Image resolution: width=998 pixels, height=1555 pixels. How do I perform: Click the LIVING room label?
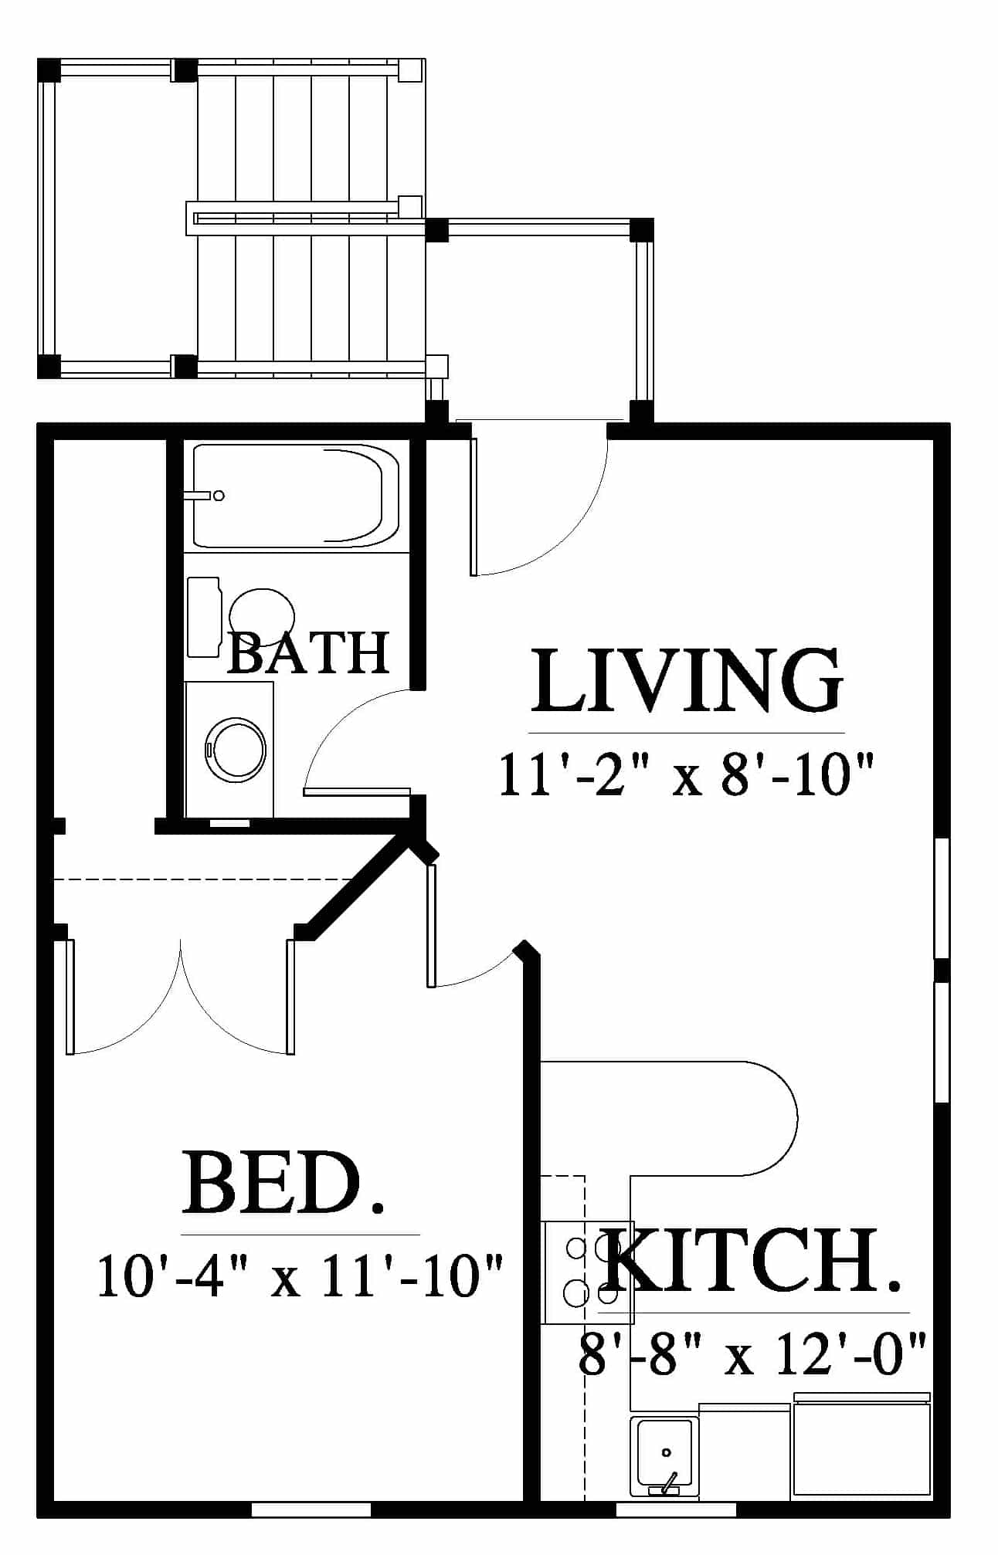pyautogui.click(x=687, y=680)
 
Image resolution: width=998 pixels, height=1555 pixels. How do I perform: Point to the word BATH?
pyautogui.click(x=308, y=653)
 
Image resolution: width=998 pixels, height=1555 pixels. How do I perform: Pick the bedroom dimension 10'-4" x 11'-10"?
pyautogui.click(x=300, y=1276)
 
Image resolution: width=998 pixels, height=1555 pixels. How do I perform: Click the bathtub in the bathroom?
pyautogui.click(x=296, y=496)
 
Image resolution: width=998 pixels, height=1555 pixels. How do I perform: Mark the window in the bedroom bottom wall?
pyautogui.click(x=311, y=1509)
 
